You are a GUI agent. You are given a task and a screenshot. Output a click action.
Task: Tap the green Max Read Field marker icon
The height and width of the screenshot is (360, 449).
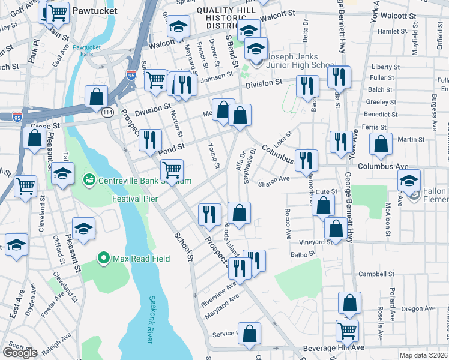tap(103, 259)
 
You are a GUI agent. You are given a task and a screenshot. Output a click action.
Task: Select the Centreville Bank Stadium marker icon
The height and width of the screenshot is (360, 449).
tap(89, 179)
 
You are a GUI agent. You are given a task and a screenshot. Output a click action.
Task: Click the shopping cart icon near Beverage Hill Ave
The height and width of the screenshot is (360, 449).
tap(347, 328)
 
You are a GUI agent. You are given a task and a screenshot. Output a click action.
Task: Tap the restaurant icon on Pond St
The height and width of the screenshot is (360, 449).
tap(150, 139)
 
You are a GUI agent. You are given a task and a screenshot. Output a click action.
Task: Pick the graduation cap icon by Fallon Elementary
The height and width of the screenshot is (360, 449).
tap(409, 179)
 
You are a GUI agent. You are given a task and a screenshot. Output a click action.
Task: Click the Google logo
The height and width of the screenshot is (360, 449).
tap(20, 353)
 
